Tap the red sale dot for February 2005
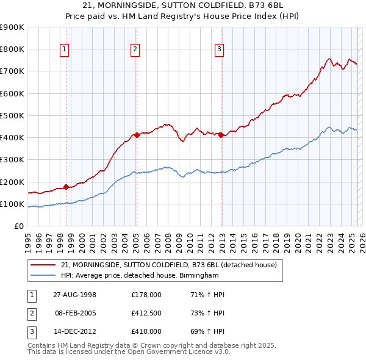tap(137, 135)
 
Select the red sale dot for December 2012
tap(221, 135)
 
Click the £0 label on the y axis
tap(18, 226)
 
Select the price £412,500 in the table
tap(146, 313)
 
